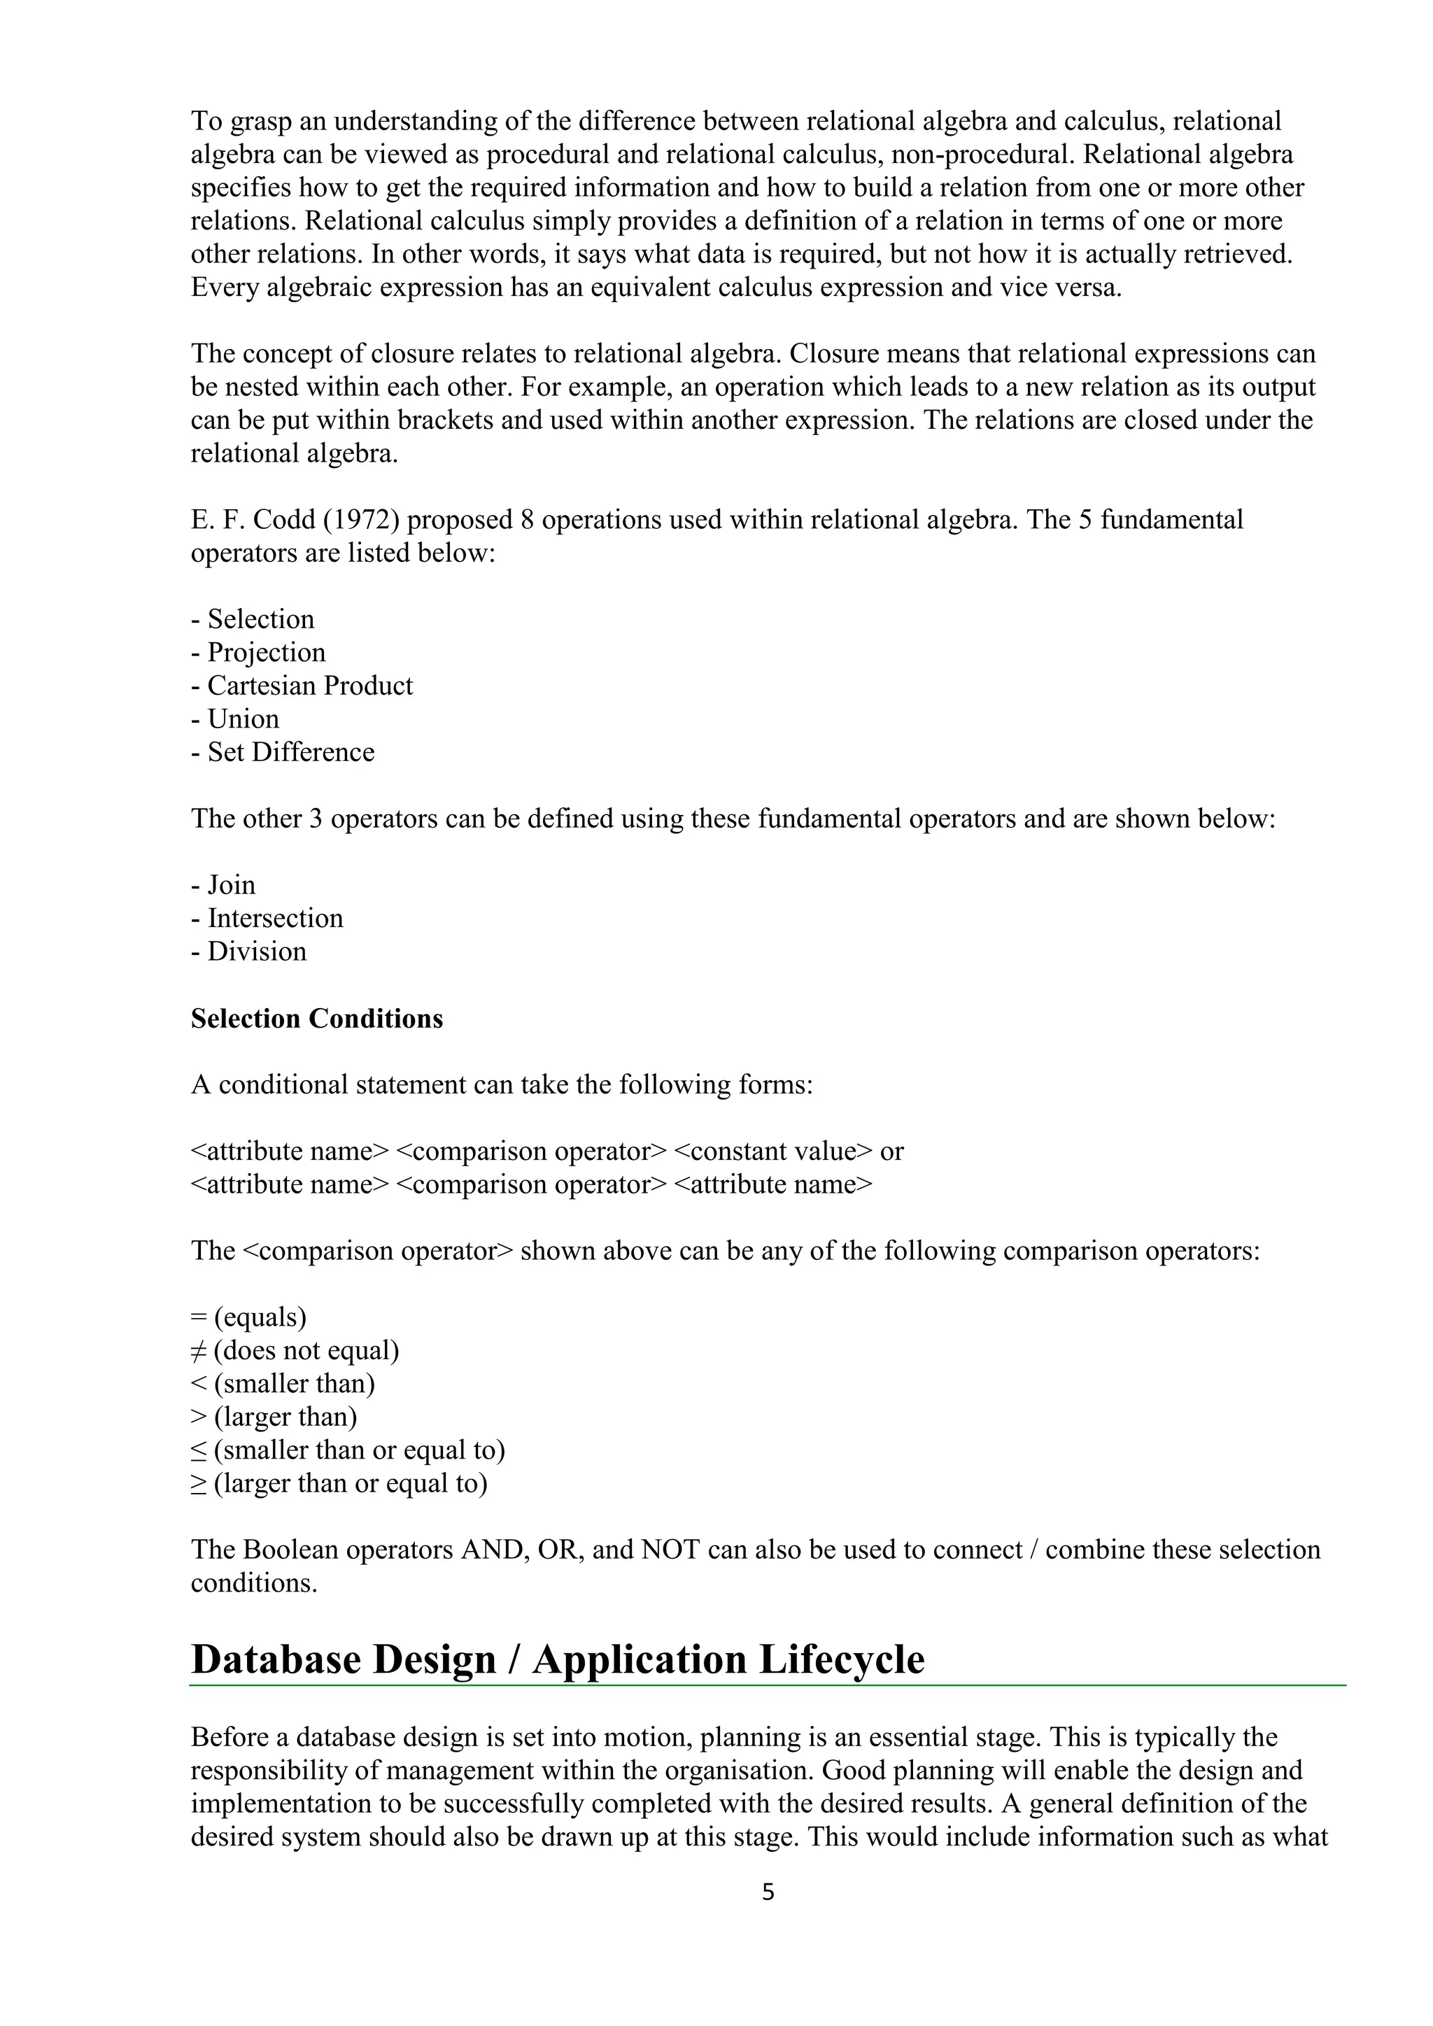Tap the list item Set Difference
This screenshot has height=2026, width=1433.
coord(290,752)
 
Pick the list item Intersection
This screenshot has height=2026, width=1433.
coord(274,918)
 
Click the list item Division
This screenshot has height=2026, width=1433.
coord(256,951)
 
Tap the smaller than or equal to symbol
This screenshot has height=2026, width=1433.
coord(199,1451)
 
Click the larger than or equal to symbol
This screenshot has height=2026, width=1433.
coord(199,1485)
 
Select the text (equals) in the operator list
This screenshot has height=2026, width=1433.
coord(260,1317)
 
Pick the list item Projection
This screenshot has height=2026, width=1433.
coord(266,652)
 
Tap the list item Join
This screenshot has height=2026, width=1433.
coord(230,885)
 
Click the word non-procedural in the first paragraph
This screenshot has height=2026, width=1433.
coord(982,155)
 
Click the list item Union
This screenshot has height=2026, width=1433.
coord(243,719)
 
